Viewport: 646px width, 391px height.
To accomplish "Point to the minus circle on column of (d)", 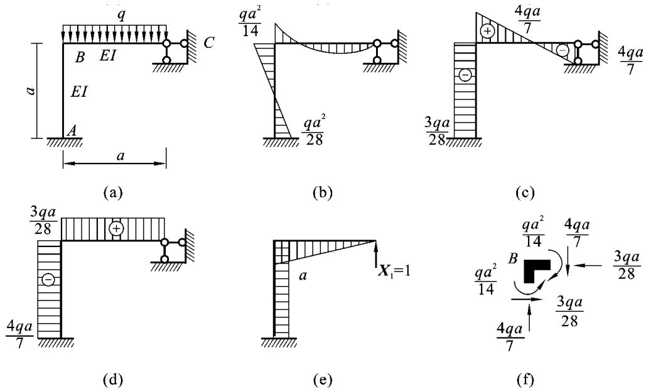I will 48,279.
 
